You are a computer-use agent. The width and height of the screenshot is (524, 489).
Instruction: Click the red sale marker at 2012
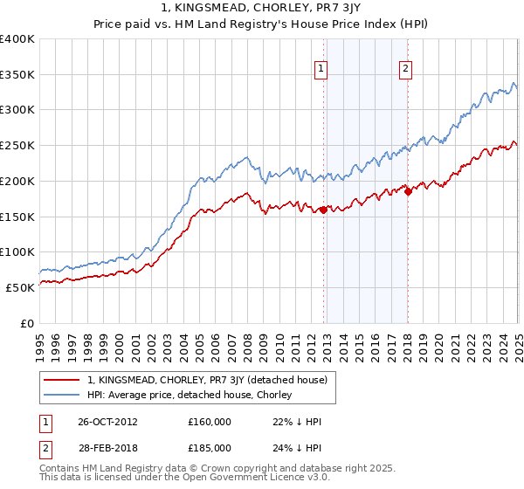tap(323, 210)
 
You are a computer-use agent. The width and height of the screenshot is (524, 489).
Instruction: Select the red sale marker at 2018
tap(408, 191)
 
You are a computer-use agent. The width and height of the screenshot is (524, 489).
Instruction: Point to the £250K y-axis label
tap(17, 146)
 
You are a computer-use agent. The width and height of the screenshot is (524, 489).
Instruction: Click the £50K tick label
tap(20, 287)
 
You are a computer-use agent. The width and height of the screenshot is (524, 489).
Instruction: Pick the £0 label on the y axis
tap(27, 323)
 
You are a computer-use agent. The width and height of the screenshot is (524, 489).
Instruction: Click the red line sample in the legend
tap(61, 380)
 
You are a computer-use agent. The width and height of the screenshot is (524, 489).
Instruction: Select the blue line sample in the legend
tap(61, 395)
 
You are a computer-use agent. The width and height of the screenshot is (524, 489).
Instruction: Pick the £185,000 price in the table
tap(209, 447)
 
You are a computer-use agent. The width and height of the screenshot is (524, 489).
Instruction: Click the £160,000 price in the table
tap(209, 421)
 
